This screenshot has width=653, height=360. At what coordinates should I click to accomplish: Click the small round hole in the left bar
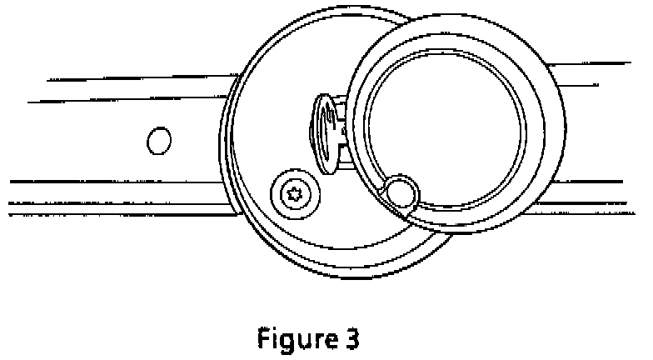pyautogui.click(x=158, y=140)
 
